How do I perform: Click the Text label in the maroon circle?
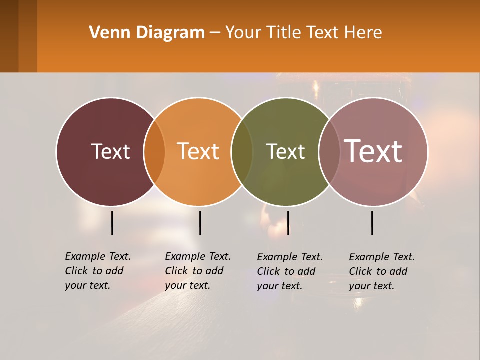tap(110, 151)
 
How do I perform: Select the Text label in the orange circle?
tap(198, 151)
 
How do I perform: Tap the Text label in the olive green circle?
tap(285, 151)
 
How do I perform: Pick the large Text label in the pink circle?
tap(373, 151)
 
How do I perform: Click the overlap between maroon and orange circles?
tap(154, 152)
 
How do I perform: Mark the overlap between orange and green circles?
tap(242, 152)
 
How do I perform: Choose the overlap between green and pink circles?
tap(329, 152)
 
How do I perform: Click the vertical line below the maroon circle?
tap(112, 223)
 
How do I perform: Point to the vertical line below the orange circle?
tap(200, 223)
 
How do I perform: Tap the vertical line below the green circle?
tap(288, 223)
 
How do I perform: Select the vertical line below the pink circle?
tap(372, 223)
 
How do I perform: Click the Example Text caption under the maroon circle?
tap(97, 271)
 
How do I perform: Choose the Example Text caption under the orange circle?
tap(197, 271)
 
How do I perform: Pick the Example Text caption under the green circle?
tap(289, 271)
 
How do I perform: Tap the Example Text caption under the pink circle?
tap(381, 271)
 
